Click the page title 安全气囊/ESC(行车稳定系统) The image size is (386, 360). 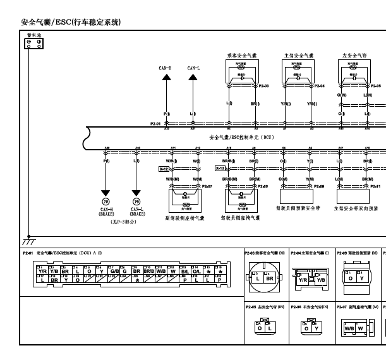(70, 22)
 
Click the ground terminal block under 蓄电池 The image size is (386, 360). (33, 43)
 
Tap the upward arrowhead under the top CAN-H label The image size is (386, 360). (167, 77)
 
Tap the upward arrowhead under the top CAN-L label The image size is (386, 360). (193, 77)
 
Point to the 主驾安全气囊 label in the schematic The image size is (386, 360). (297, 55)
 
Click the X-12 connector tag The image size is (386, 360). (163, 169)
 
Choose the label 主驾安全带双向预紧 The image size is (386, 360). (356, 208)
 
